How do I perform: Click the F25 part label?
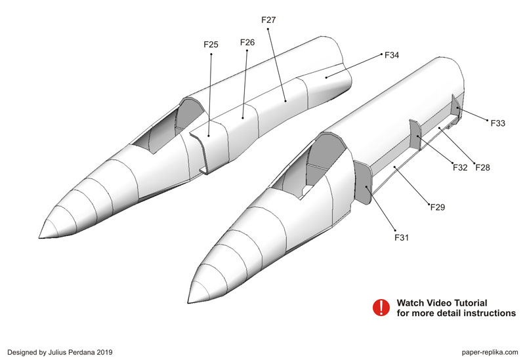(x=211, y=45)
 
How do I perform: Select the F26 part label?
(x=247, y=43)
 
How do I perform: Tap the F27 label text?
(x=268, y=20)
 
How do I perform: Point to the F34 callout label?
(x=392, y=55)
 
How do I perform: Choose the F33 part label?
(x=498, y=123)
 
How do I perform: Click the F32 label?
(x=460, y=167)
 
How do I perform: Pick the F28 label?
(x=483, y=167)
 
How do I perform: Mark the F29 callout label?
(x=438, y=207)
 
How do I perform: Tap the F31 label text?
(x=402, y=237)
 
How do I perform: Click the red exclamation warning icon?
(x=381, y=308)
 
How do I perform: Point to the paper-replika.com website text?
(x=490, y=352)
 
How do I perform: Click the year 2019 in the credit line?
(x=105, y=352)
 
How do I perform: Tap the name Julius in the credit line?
(x=57, y=352)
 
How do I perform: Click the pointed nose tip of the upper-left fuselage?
(x=39, y=238)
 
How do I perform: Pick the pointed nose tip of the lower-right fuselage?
(x=188, y=303)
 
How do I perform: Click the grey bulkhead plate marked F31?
(x=363, y=182)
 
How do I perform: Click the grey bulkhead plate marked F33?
(x=456, y=106)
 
